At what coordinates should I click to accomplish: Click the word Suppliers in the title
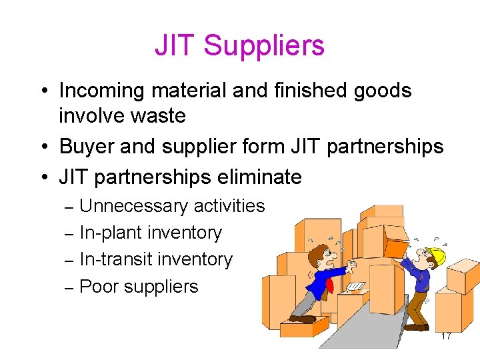coord(264,46)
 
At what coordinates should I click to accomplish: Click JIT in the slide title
coord(175,46)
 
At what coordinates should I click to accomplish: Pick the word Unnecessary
coord(133,206)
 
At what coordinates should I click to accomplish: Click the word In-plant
coord(111,233)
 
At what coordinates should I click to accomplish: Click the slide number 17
coord(446,337)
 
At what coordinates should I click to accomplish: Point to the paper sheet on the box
coord(355,287)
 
